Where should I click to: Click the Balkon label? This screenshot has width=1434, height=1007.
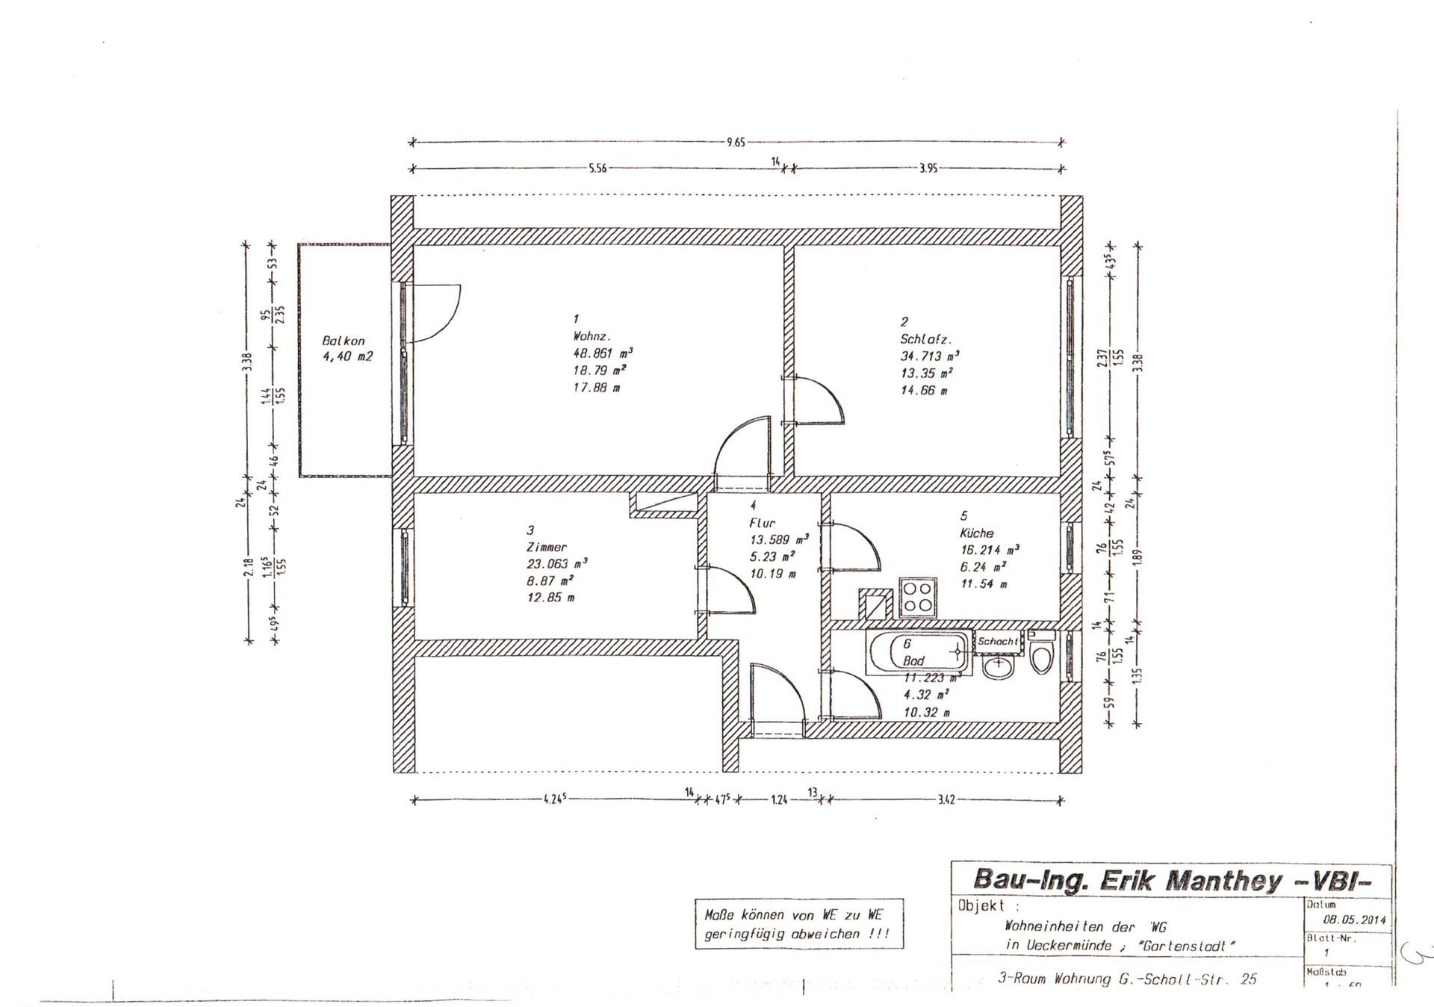point(344,341)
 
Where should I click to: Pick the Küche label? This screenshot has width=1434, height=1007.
point(977,533)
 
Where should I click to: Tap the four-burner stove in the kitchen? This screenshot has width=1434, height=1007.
point(916,598)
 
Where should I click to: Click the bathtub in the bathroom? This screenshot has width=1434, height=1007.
point(919,651)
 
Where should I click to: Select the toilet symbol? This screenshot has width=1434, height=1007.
point(1040,656)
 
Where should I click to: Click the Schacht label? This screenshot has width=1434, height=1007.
point(997,641)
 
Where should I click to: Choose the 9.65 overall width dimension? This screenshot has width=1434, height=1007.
point(736,142)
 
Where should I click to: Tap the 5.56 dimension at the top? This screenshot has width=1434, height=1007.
point(597,169)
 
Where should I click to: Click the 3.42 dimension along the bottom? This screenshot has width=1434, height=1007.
point(946,800)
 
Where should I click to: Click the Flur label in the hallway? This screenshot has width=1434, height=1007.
point(763,523)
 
